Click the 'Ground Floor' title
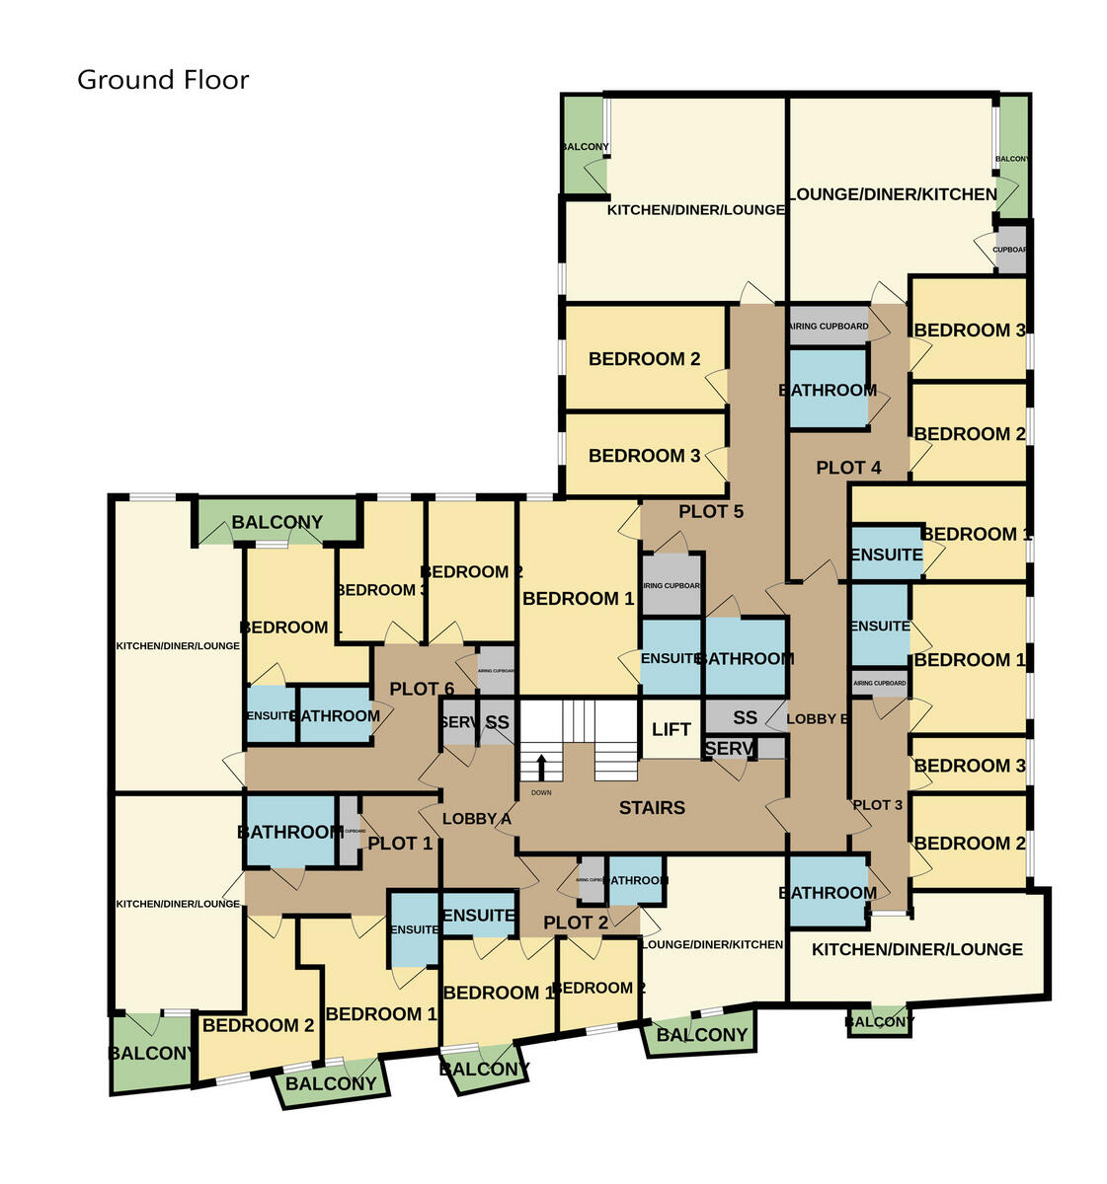coord(163,80)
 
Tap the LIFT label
coord(671,729)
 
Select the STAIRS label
coord(652,808)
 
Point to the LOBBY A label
coord(476,819)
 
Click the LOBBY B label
coord(817,719)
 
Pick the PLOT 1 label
coord(400,844)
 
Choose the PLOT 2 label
coord(576,923)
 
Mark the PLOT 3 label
coord(877,805)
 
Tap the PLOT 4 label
coord(848,468)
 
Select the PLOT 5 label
coord(711,511)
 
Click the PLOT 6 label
coord(422,689)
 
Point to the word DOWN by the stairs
coord(541,793)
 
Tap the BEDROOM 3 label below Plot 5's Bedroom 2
coord(644,456)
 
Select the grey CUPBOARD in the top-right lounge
coord(1010,249)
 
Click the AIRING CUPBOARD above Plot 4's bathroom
coord(829,327)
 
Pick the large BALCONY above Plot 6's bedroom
coord(277,522)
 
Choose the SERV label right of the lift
coord(729,749)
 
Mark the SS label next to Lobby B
coord(746,717)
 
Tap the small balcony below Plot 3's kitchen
coord(879,1021)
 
